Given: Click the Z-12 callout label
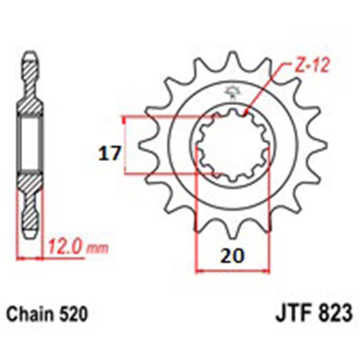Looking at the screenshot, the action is [312, 66].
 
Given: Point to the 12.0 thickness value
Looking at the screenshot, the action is [65, 247].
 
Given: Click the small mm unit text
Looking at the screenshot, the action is [97, 249].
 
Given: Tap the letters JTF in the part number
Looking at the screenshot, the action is [292, 313].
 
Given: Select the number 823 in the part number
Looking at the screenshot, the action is [333, 313].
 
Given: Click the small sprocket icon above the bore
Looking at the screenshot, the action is [232, 92].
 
